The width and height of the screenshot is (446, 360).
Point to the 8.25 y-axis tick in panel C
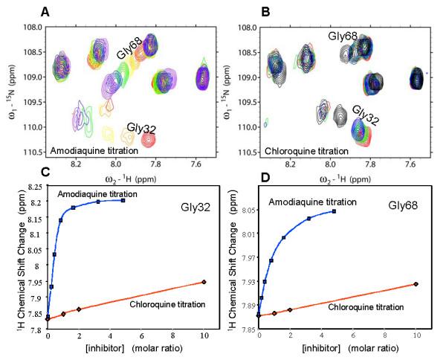[34, 190]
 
